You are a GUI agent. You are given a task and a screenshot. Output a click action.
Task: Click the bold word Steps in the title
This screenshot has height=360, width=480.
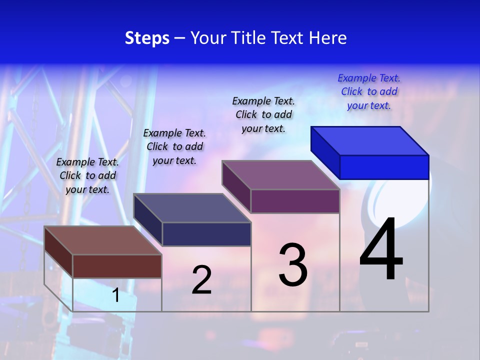[147, 38]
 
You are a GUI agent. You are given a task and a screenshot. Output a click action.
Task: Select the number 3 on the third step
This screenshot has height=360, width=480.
[293, 265]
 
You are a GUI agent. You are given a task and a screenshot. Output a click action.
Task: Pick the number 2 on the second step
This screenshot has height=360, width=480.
[201, 280]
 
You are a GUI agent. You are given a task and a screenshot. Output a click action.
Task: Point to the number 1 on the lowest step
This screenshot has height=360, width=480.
[115, 295]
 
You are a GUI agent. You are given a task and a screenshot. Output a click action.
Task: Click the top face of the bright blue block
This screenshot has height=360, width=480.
[370, 140]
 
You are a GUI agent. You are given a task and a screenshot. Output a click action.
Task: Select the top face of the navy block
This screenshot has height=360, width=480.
[192, 207]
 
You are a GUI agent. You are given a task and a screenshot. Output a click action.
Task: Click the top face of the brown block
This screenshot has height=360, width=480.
[103, 240]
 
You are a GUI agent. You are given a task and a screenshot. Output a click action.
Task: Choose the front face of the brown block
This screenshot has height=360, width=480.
[117, 266]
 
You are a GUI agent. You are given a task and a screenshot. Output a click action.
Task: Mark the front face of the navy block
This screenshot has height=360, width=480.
[206, 234]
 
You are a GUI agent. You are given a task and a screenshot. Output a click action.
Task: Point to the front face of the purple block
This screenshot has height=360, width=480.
[295, 201]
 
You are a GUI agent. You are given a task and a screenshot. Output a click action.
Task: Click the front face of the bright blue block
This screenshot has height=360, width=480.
[384, 167]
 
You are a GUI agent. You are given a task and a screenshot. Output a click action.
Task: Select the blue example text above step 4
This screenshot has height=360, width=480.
[369, 92]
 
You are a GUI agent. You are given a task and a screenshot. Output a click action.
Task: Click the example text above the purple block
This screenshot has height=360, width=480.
[263, 115]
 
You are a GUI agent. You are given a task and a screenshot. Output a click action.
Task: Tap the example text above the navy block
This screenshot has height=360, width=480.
[174, 146]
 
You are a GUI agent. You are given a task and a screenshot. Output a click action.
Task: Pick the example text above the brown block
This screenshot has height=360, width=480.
[87, 175]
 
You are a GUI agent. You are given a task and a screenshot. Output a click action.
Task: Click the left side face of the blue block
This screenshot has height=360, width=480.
[325, 152]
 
